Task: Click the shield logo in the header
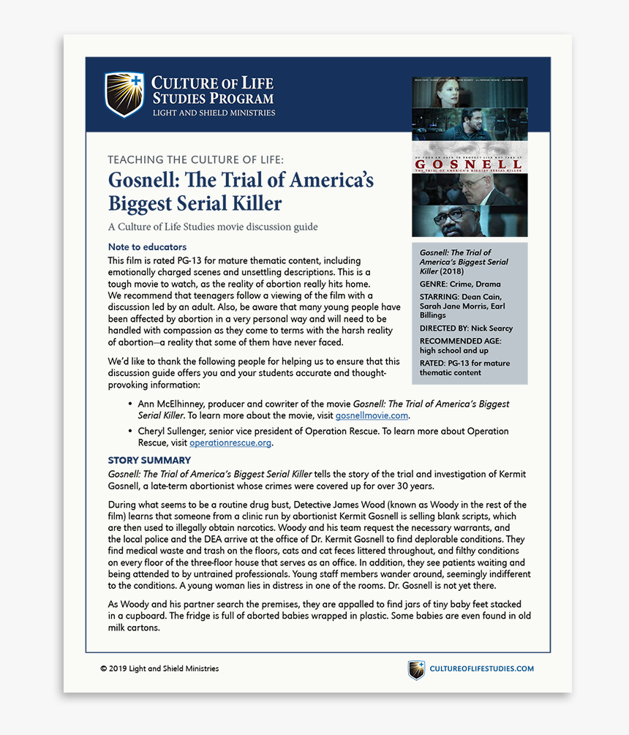(x=124, y=94)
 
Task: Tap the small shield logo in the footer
(x=416, y=669)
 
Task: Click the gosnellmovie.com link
(x=372, y=415)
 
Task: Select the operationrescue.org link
(x=230, y=442)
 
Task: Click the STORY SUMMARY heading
(x=149, y=460)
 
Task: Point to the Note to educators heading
(x=147, y=247)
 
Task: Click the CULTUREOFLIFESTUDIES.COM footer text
(x=481, y=668)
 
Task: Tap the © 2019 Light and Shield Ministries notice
(x=159, y=668)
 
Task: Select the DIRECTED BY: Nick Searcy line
(x=466, y=328)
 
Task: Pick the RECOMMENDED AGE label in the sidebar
(x=460, y=341)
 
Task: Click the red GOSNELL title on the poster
(x=469, y=165)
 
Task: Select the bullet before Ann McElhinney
(x=130, y=404)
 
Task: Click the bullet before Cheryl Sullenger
(x=130, y=431)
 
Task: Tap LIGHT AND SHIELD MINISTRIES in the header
(x=214, y=113)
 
